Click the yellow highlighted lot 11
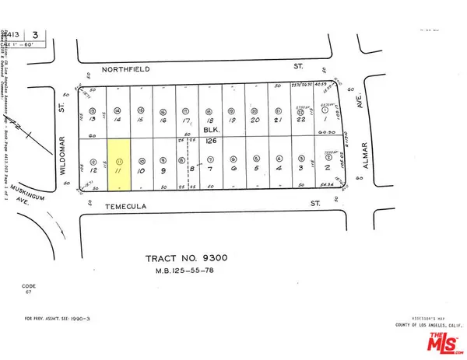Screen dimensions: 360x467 click(x=119, y=164)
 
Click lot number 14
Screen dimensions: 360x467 click(x=118, y=121)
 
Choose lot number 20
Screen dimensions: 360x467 click(x=255, y=121)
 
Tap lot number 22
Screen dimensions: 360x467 click(x=301, y=121)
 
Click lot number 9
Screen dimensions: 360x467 click(x=164, y=170)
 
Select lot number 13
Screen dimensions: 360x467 click(x=93, y=121)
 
